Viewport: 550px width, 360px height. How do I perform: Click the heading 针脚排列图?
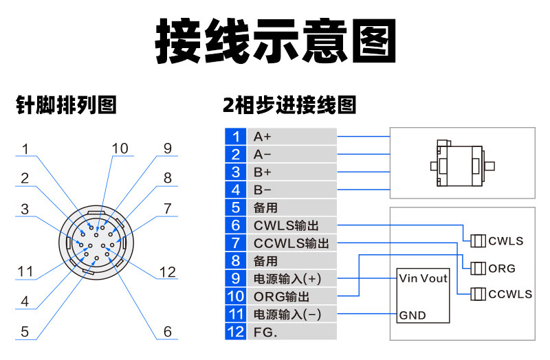coord(67,105)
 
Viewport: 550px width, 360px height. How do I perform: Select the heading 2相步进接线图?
coord(289,105)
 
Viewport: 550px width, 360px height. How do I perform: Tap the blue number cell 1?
coord(235,136)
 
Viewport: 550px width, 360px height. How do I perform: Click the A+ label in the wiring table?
coord(263,136)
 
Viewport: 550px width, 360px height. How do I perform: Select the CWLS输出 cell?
coord(286,225)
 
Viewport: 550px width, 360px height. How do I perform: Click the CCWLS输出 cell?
coord(291,243)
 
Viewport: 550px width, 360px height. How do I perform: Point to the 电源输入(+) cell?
coord(287,279)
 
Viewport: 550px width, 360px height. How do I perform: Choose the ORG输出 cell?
coord(282,297)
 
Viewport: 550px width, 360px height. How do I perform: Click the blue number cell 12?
coord(235,333)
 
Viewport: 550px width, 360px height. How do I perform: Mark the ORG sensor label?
coord(502,268)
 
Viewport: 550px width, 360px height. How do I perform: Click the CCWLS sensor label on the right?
coord(510,294)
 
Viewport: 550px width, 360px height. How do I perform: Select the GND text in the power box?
coord(412,316)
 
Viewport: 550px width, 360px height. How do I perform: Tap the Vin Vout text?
coord(423,279)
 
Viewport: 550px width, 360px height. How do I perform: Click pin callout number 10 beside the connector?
coord(120,148)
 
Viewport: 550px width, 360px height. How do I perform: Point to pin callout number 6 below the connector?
coord(167,331)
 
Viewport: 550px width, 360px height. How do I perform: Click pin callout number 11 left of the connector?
coord(25,271)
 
